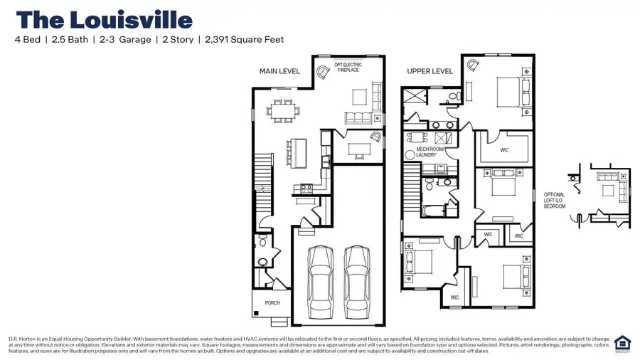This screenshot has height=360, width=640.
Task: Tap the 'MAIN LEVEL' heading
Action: point(279,71)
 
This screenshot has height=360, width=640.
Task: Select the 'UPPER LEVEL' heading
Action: point(430,71)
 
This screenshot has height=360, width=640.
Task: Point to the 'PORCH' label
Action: point(272,302)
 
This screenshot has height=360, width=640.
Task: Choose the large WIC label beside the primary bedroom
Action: point(504,150)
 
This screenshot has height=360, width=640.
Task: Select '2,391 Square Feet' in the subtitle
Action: point(244,40)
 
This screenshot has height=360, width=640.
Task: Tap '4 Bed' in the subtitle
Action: point(28,40)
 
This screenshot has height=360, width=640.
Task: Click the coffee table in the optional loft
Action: point(609,190)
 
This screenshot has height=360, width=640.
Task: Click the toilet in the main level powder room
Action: point(262,243)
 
